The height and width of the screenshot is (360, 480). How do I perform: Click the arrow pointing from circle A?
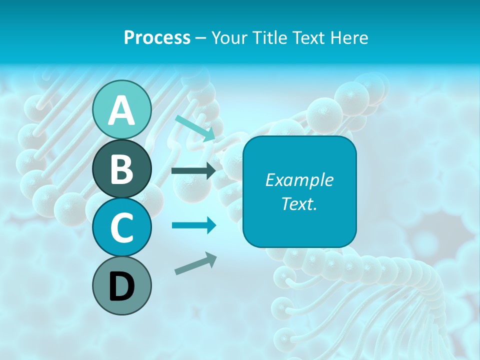(x=195, y=128)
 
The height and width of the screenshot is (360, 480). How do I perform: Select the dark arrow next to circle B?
(x=193, y=171)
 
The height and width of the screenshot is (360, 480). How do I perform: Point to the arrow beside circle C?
(x=194, y=225)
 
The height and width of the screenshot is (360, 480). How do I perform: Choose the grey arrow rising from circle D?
(x=195, y=263)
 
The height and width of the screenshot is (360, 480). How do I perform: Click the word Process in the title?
(x=157, y=37)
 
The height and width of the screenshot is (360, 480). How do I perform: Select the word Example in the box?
(x=299, y=180)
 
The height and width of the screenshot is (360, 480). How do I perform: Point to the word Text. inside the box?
(x=299, y=203)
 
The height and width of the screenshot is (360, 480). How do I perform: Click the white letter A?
(x=122, y=111)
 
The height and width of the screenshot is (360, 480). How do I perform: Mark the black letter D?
(x=122, y=287)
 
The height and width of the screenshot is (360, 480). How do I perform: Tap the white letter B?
(x=122, y=169)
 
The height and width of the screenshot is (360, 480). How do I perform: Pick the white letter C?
(x=122, y=228)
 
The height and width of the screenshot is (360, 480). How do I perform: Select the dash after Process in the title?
(x=201, y=38)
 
